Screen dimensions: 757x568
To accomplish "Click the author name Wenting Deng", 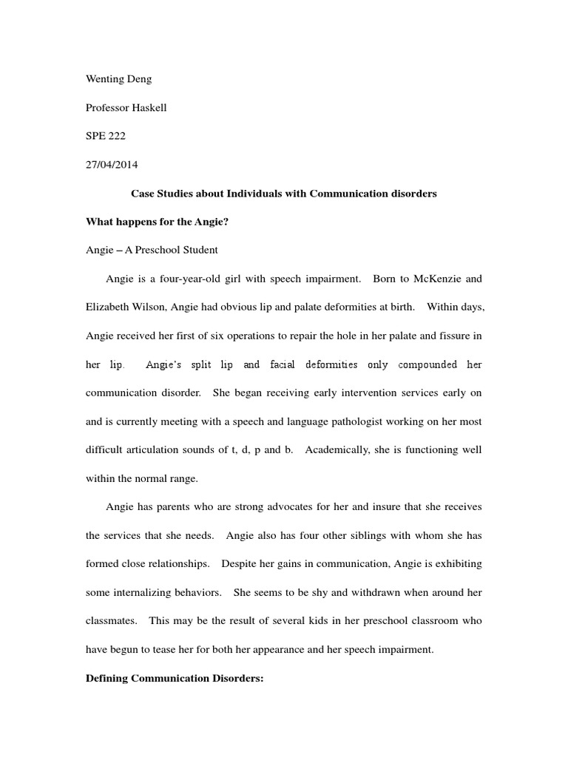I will [119, 79].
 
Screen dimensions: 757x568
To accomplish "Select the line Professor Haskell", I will [126, 108].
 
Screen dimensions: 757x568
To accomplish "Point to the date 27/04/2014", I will [112, 165].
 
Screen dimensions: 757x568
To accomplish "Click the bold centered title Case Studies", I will [284, 194].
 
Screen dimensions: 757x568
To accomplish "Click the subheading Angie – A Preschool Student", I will [152, 250].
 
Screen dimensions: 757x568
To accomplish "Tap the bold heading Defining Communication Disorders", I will [175, 679].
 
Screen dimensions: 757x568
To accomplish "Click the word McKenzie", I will [430, 279].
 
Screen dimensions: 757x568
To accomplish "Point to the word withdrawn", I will [360, 593].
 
